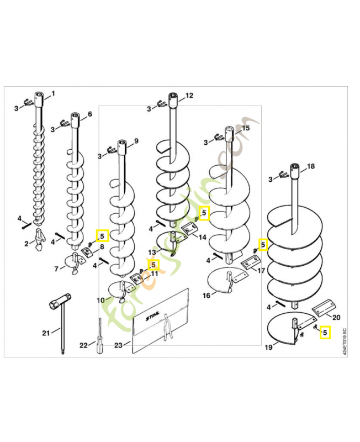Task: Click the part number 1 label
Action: click(x=54, y=92)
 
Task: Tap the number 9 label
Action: click(x=136, y=140)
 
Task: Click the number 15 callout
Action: click(x=246, y=128)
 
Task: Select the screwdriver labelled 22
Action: click(x=100, y=336)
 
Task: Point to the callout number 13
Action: click(x=151, y=252)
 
